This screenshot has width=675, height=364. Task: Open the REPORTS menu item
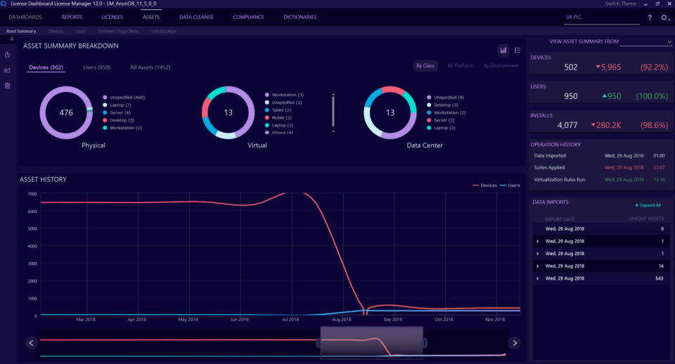(x=71, y=17)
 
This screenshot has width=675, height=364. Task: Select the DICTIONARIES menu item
(x=300, y=17)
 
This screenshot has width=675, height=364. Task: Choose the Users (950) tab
(x=96, y=67)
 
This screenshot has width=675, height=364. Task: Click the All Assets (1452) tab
(x=150, y=67)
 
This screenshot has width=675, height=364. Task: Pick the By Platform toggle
(x=461, y=65)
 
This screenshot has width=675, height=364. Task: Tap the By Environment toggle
(x=501, y=65)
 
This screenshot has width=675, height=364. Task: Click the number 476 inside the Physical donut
(x=66, y=112)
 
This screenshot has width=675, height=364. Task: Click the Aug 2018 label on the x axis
(x=341, y=320)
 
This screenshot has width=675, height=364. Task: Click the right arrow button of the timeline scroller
(x=514, y=343)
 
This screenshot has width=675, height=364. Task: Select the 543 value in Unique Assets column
(x=658, y=278)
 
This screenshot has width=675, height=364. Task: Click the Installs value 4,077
(x=567, y=125)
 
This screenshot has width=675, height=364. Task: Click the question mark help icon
(x=650, y=17)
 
